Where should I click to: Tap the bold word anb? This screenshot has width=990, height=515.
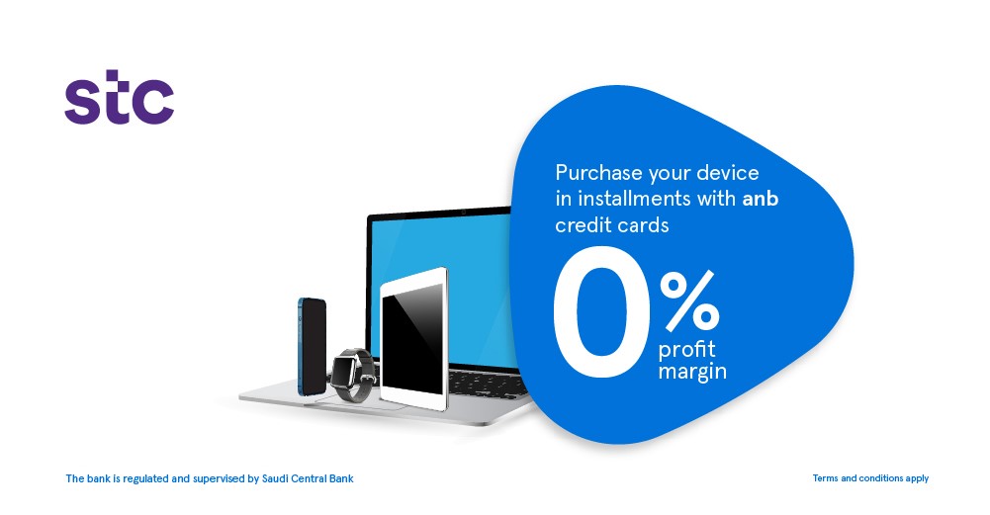pos(761,199)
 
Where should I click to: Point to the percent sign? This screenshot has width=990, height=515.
pos(688,301)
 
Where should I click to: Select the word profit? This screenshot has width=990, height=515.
pos(687,350)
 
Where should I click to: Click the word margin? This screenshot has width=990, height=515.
pos(692,371)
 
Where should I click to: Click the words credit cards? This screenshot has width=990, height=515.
pos(612,225)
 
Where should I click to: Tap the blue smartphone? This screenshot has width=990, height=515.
pos(312,346)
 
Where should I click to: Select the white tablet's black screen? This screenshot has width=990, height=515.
pos(412,337)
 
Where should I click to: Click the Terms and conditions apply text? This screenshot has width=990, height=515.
pos(870,478)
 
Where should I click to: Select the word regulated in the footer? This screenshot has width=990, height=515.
pos(145,479)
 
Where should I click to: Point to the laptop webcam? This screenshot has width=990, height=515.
pos(464,211)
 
